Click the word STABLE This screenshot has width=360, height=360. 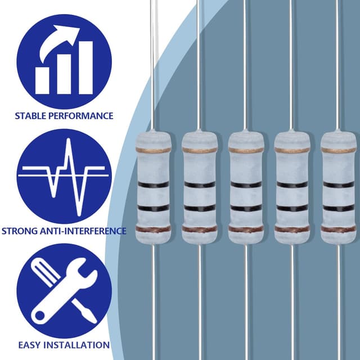[30, 116]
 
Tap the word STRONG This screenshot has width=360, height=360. [20, 231]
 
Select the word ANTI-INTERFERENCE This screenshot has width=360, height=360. [83, 231]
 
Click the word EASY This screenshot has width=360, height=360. [30, 345]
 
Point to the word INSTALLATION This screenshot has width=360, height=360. [76, 345]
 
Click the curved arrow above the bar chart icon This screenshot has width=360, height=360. [59, 43]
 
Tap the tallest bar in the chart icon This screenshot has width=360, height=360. [86, 67]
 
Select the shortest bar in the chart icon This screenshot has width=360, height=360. [42, 80]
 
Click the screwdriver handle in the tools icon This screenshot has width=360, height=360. [45, 272]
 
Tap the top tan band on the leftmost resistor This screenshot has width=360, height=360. [154, 150]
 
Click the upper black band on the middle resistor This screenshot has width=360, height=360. [246, 184]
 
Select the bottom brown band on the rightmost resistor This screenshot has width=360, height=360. [339, 229]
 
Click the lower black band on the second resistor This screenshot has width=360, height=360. [200, 208]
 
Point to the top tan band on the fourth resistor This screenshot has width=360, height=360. [292, 150]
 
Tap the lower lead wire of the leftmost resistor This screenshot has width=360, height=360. [154, 302]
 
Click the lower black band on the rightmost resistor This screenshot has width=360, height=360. [339, 208]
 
